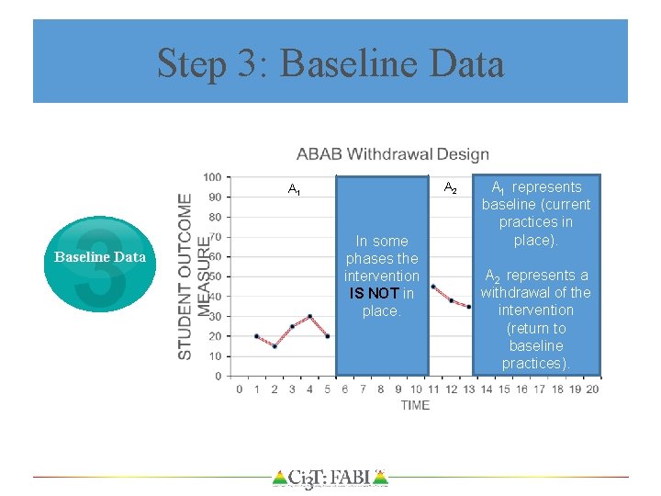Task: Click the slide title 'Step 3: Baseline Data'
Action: pos(330,63)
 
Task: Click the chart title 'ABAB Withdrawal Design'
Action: pos(392,154)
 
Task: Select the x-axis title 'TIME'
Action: pos(415,405)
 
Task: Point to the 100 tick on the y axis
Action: pos(212,177)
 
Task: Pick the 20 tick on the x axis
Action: pos(591,389)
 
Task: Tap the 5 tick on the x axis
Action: pos(328,389)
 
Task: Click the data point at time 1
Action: pos(257,336)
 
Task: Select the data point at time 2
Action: pos(274,346)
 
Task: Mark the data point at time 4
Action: pos(310,316)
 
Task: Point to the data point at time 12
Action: pos(452,300)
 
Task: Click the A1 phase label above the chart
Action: pos(294,190)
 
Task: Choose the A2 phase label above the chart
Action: pos(450,188)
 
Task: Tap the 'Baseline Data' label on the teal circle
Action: pos(100,257)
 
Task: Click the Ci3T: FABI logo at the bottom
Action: pos(330,478)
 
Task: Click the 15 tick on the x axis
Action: pos(504,389)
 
